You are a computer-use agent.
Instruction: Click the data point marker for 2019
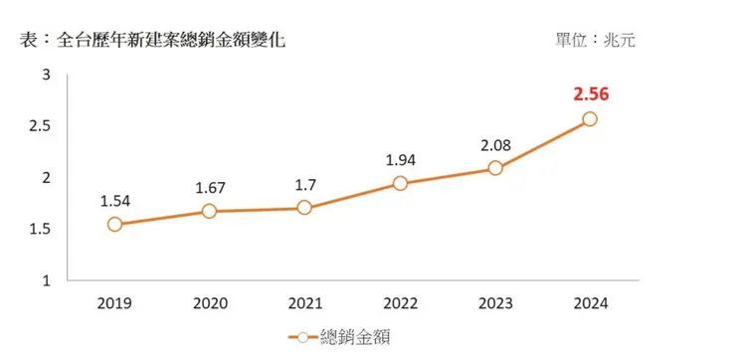point(114,225)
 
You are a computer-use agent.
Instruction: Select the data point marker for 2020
point(209,211)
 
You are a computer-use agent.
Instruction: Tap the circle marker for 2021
point(304,208)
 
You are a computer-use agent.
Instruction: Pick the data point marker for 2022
point(400,183)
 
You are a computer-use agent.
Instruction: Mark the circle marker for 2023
point(495,168)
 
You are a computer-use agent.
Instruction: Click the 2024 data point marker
point(590,119)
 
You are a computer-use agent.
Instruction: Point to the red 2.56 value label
point(590,94)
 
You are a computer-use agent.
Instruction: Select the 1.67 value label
point(209,187)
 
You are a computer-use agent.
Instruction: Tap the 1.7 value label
point(304,184)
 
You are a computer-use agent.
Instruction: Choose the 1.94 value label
point(400,159)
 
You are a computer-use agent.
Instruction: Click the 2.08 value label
point(495,145)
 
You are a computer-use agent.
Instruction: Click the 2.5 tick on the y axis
point(41,126)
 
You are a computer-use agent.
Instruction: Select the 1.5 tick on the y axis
point(41,230)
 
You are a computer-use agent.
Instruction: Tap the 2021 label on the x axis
point(304,304)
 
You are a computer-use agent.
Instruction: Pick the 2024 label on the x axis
point(590,304)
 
